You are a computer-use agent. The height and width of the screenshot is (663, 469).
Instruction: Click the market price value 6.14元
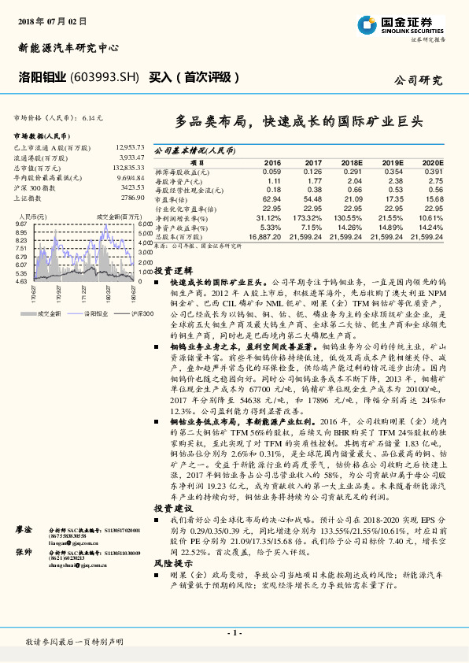[x=93, y=117]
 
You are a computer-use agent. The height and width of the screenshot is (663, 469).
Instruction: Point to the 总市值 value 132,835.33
[x=128, y=168]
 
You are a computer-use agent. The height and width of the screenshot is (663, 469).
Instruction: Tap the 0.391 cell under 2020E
[x=434, y=172]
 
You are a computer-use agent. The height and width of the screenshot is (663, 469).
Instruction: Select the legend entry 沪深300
[x=123, y=313]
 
